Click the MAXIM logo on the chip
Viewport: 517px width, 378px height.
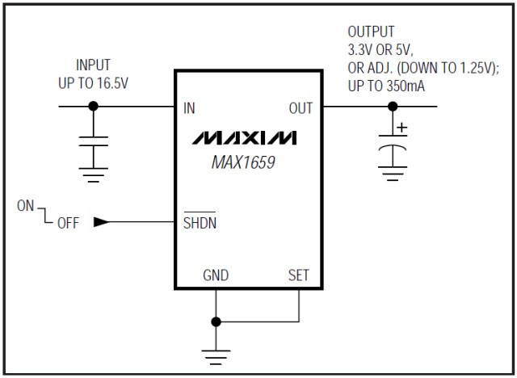pos(244,136)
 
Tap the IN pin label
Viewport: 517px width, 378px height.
pos(190,107)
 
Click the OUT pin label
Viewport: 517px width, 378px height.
pos(301,107)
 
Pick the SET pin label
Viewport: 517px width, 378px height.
pos(299,275)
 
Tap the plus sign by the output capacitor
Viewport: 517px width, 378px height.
pos(401,127)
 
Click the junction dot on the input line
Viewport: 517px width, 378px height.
pos(94,106)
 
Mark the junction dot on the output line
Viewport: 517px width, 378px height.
pos(393,106)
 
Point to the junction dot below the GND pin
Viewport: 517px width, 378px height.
pos(216,321)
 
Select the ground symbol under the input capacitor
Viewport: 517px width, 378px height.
pos(94,174)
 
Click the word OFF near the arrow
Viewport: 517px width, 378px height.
pos(68,224)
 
